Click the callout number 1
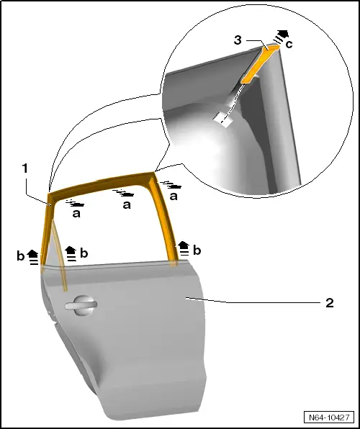[x=25, y=168]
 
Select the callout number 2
[x=330, y=303]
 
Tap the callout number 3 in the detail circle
[x=238, y=40]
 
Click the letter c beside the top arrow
[x=289, y=44]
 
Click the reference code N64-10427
[x=329, y=417]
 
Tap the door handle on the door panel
[x=81, y=305]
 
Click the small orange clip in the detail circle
[x=260, y=64]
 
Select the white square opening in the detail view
[x=224, y=119]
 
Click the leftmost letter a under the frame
[x=76, y=214]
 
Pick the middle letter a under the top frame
[x=127, y=204]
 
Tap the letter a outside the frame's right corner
[x=174, y=197]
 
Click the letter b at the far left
[x=21, y=256]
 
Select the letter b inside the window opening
[x=84, y=253]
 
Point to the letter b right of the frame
[x=197, y=250]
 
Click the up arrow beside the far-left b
[x=33, y=257]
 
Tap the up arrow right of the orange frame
[x=184, y=248]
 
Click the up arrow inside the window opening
[x=71, y=253]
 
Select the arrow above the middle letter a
[x=125, y=193]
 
